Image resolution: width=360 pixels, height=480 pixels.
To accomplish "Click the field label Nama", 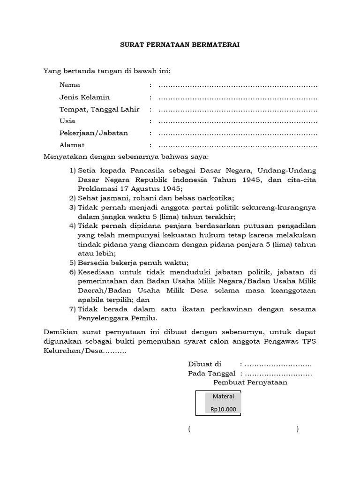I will [x=70, y=85].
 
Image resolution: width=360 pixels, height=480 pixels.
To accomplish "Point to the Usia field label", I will [x=67, y=121].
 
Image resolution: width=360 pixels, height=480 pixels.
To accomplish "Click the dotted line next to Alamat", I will [x=238, y=145].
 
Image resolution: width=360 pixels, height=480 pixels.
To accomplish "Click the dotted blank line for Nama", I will [x=238, y=85].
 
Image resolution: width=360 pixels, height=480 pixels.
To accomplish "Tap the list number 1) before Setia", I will [x=73, y=169].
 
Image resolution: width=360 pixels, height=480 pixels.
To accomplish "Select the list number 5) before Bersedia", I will [x=73, y=262].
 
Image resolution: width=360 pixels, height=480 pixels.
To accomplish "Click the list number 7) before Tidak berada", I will [x=73, y=309].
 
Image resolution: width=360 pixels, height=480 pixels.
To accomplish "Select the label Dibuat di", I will [x=204, y=364].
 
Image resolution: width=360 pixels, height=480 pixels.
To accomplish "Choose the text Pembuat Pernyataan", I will [x=250, y=382].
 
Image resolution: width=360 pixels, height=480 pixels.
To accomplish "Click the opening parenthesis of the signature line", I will [x=189, y=429].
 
